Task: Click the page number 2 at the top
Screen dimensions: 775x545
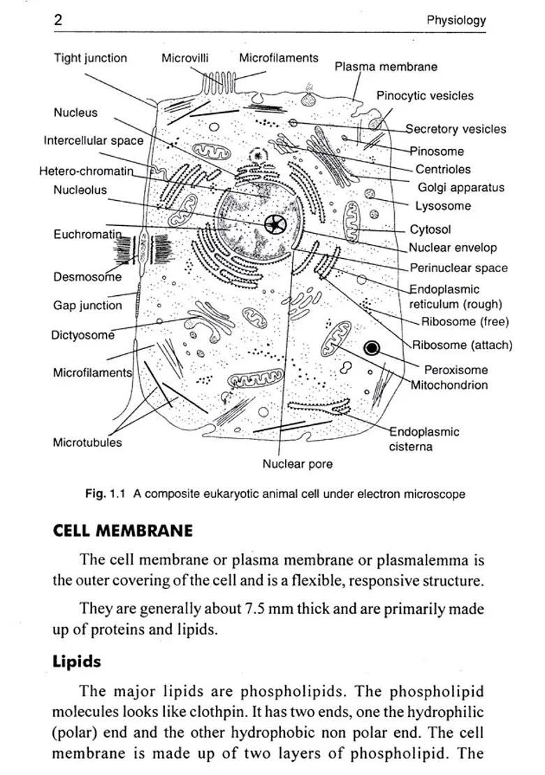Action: point(59,20)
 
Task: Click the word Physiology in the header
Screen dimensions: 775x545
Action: point(456,20)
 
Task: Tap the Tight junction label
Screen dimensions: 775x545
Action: point(90,58)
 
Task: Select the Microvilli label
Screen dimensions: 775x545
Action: point(184,58)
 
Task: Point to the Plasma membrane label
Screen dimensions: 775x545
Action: point(386,66)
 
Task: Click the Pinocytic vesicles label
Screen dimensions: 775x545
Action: point(424,96)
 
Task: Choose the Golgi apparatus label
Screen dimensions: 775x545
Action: point(460,187)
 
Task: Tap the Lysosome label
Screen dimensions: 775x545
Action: point(443,206)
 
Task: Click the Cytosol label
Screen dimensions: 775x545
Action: point(430,229)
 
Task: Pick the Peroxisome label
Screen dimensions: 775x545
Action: point(456,369)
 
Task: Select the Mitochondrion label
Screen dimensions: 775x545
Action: point(449,385)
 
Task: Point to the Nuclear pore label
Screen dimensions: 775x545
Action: point(297,464)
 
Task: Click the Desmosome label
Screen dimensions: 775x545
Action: point(87,277)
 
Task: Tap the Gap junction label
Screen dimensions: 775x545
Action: point(87,306)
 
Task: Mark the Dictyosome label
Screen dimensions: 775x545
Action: point(82,335)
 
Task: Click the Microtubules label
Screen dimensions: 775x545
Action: point(87,442)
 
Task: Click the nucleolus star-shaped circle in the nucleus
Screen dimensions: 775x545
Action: point(275,225)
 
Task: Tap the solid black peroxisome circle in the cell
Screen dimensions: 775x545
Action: point(372,348)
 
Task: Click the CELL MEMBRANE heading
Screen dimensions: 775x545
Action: point(122,530)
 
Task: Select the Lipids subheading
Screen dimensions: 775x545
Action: point(77,662)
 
